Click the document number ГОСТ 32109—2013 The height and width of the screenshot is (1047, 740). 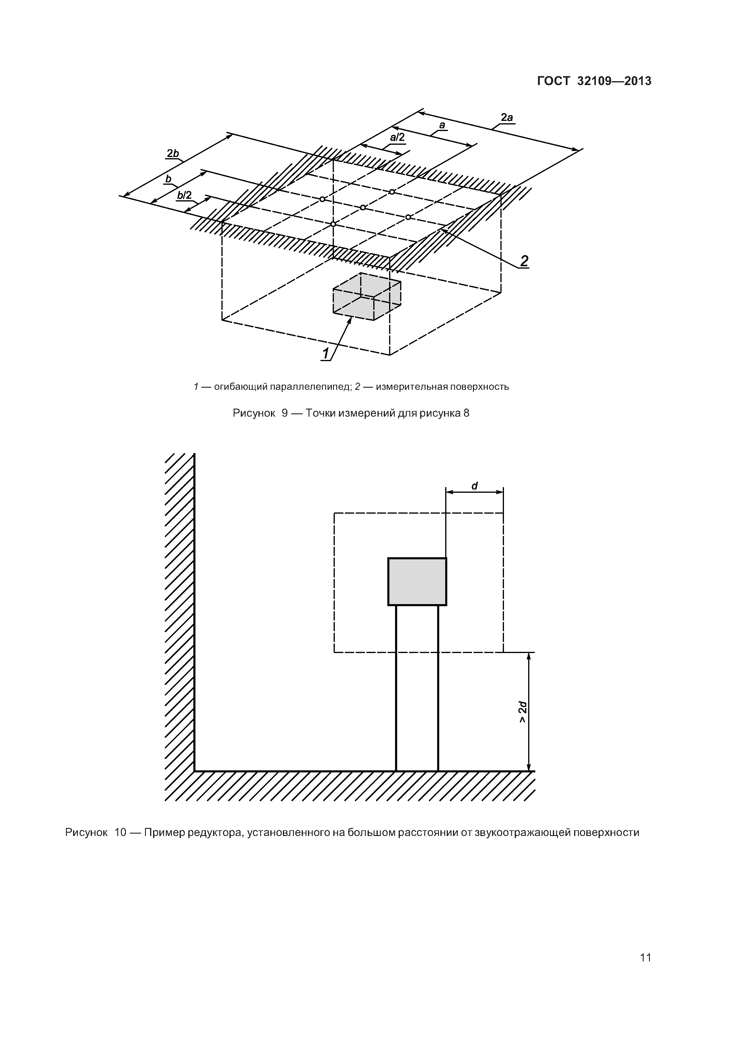(x=594, y=81)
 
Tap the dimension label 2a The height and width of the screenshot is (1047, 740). (x=507, y=118)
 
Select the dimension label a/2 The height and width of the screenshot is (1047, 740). (x=397, y=137)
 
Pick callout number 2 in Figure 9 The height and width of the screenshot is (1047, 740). (x=524, y=261)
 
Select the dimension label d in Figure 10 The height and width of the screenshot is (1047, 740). (x=474, y=486)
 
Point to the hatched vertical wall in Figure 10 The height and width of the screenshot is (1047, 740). (x=180, y=611)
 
